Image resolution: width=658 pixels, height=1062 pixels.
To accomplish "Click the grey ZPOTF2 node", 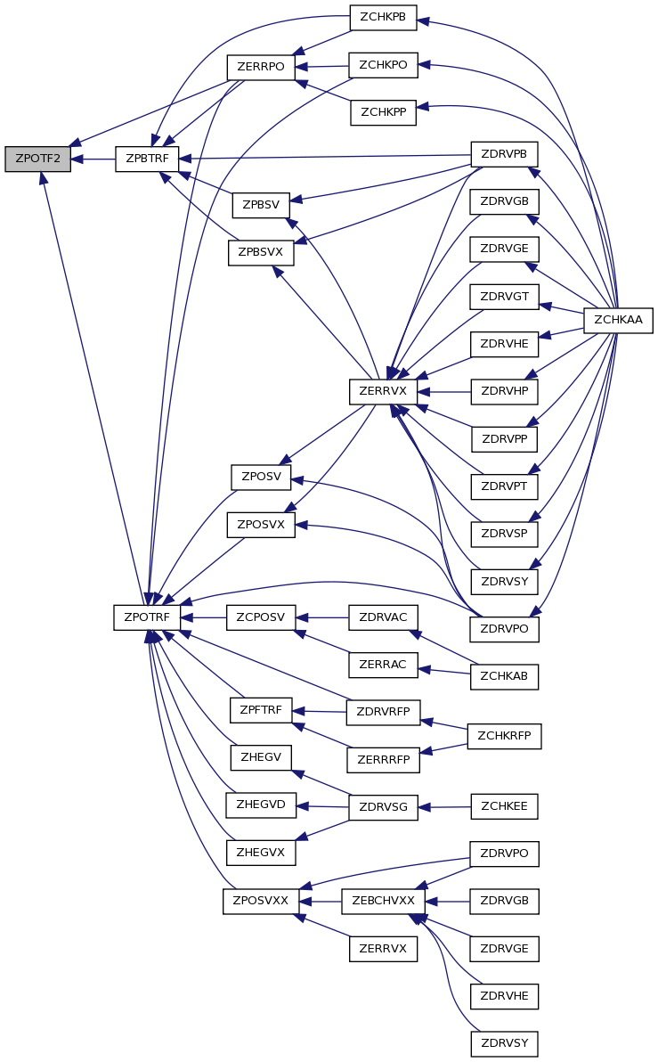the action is click(x=38, y=159).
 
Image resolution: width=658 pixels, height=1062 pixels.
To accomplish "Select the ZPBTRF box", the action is click(x=147, y=159).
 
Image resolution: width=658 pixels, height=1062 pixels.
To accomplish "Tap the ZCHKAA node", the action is click(x=618, y=320).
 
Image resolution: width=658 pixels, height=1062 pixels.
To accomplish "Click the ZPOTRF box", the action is click(x=147, y=617).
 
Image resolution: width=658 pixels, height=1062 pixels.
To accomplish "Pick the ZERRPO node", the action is click(x=261, y=67).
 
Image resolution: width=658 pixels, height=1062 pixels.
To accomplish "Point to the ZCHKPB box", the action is click(x=383, y=18).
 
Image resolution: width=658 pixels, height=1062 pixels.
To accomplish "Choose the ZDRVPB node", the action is click(x=504, y=154).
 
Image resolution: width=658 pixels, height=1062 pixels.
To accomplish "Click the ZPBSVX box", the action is click(x=261, y=253).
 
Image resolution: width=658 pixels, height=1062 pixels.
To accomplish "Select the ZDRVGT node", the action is click(x=504, y=297).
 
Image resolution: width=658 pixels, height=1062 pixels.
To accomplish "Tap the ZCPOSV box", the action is click(x=261, y=617).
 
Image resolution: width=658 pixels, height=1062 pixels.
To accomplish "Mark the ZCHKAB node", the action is click(x=504, y=676).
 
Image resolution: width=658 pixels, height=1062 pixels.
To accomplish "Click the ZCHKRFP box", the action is click(x=504, y=736).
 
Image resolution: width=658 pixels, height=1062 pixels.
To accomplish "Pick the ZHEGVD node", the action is click(x=261, y=805).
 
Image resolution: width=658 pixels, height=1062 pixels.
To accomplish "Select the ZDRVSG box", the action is click(x=383, y=807).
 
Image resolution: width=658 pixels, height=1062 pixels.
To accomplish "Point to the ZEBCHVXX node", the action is click(x=383, y=902).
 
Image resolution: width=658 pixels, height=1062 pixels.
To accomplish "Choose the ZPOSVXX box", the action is click(x=261, y=902).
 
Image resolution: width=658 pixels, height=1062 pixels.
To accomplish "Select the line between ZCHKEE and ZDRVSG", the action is click(x=444, y=807).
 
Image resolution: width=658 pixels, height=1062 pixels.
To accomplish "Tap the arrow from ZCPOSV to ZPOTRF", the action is click(x=203, y=617).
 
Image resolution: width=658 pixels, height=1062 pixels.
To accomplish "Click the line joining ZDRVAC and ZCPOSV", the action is click(x=322, y=617).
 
